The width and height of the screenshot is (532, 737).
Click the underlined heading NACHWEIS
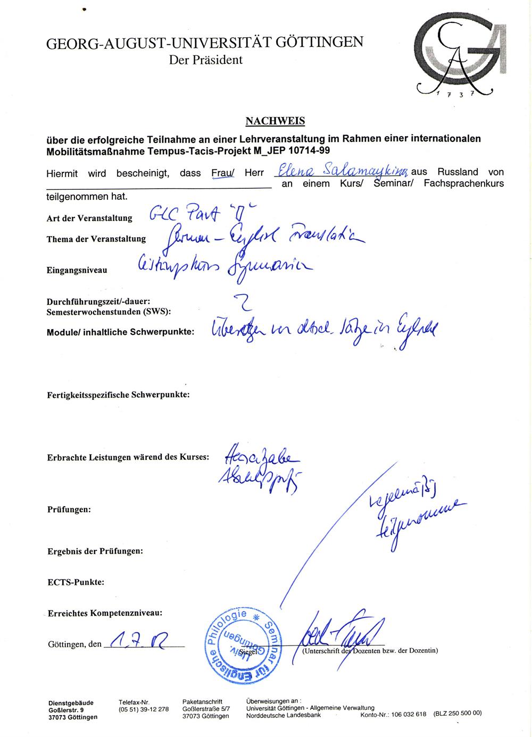pos(275,121)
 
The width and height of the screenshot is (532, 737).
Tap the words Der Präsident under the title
pos(206,60)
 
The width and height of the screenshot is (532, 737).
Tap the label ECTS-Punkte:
pos(76,582)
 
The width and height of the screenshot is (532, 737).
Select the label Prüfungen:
pos(69,509)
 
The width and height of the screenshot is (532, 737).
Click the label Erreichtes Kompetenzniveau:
pos(105,613)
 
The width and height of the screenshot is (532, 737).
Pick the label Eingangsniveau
pos(77,270)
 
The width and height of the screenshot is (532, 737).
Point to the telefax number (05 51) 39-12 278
pos(144,709)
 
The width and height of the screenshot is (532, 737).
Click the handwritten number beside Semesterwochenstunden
pos(246,304)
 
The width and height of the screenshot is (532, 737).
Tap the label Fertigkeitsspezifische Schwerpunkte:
pos(119,395)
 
